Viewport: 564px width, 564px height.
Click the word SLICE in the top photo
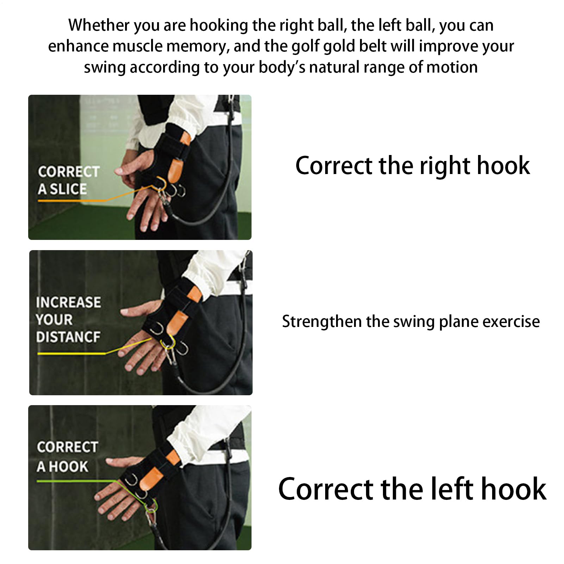click(68, 189)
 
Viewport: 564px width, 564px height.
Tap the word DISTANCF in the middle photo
click(68, 337)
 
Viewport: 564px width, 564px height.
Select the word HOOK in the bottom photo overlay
click(68, 466)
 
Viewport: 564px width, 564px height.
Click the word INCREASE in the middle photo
click(68, 302)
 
